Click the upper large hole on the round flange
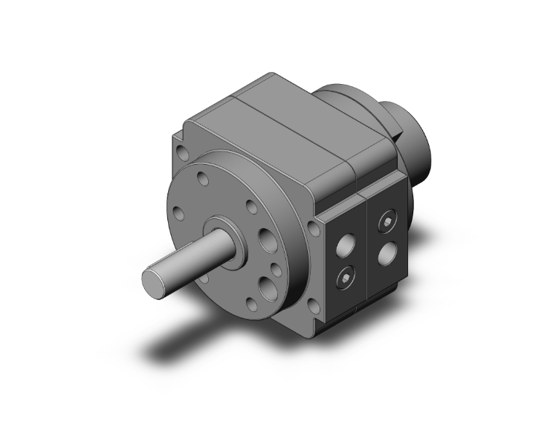click(x=265, y=239)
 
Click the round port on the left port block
click(x=346, y=244)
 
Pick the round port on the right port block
click(x=386, y=254)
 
